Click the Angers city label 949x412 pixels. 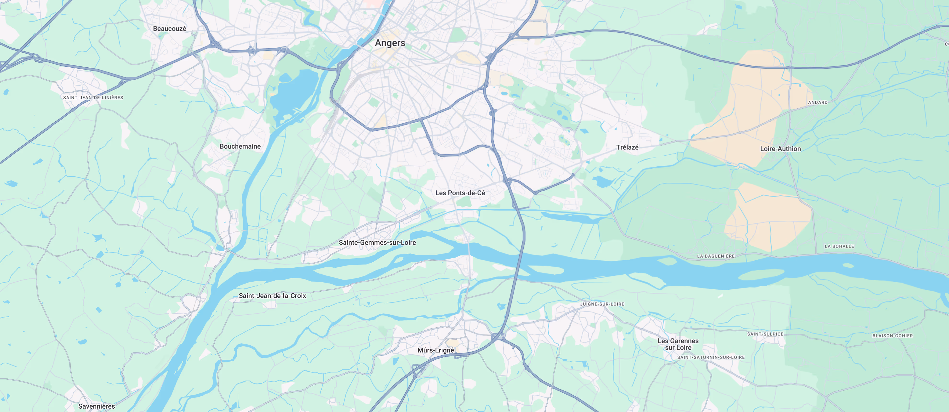point(390,43)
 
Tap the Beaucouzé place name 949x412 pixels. point(170,29)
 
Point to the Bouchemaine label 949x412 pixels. point(240,147)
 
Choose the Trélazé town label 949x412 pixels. point(627,147)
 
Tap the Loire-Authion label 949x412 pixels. point(780,149)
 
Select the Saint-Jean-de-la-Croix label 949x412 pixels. point(272,296)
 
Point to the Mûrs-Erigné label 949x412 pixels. point(435,350)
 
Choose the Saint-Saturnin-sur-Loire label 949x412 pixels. point(711,357)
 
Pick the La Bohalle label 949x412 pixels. point(839,246)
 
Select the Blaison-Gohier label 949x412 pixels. point(892,336)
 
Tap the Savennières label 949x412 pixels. point(97,406)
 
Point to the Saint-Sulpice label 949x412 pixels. point(765,334)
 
